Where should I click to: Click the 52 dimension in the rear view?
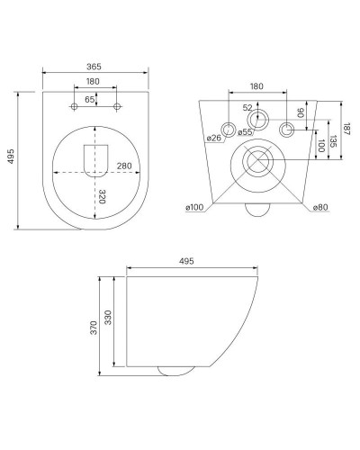pos(247,108)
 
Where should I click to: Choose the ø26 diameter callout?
pos(213,138)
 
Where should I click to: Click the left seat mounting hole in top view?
pos(72,107)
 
